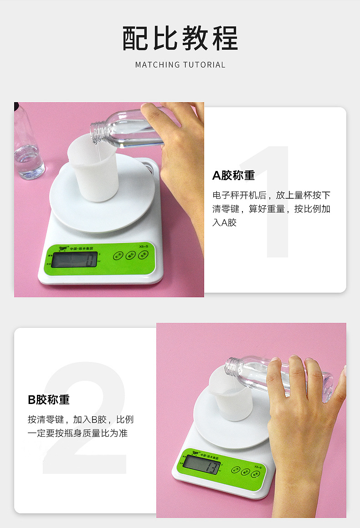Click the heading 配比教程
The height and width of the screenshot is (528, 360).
pos(180,38)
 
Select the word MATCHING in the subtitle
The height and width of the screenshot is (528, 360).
pos(158,65)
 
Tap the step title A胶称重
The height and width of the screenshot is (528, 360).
pos(233,175)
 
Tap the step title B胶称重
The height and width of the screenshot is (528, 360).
pos(49,399)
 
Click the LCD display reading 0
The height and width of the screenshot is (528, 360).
pos(74,259)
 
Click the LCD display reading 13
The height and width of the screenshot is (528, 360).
pos(202,465)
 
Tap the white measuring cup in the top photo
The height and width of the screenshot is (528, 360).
pos(93,169)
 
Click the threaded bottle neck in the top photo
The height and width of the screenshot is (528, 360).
pos(97,129)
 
